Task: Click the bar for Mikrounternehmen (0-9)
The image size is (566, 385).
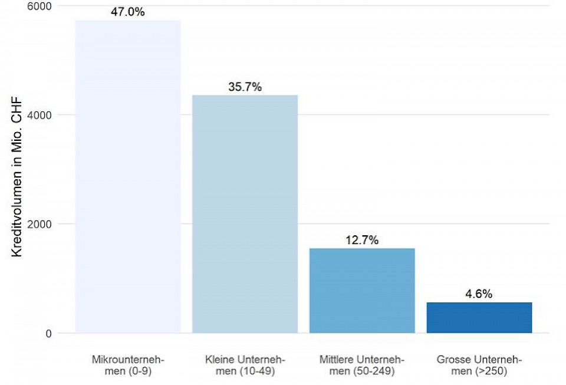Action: (128, 177)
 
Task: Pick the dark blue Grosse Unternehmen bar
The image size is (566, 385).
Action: (479, 317)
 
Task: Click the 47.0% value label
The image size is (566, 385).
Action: (128, 12)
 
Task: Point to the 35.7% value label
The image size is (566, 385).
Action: (245, 87)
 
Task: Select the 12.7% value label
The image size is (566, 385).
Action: (362, 240)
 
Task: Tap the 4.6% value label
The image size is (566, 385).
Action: (479, 294)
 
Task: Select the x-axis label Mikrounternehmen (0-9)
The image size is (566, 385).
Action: (128, 366)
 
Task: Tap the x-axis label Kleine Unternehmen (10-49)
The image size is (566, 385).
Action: (245, 366)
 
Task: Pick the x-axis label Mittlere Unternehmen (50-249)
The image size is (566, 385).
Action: (362, 366)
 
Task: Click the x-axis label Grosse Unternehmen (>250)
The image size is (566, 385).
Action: (479, 366)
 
